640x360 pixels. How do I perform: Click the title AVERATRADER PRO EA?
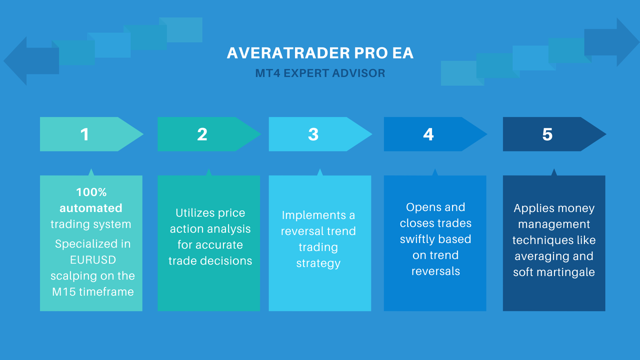pyautogui.click(x=320, y=53)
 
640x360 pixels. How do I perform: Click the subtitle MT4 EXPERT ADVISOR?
pyautogui.click(x=320, y=73)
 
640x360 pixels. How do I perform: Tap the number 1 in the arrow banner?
pyautogui.click(x=84, y=134)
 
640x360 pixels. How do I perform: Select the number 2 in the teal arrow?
pyautogui.click(x=202, y=134)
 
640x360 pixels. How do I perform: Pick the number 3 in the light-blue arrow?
pyautogui.click(x=313, y=134)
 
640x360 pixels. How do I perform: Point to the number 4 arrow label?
pyautogui.click(x=428, y=134)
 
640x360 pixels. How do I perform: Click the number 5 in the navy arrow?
pyautogui.click(x=547, y=134)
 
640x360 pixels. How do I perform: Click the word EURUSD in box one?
pyautogui.click(x=93, y=260)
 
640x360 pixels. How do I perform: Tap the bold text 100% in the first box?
pyautogui.click(x=91, y=192)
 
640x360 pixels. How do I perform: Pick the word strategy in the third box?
pyautogui.click(x=318, y=263)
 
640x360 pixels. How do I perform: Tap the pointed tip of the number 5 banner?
pyautogui.click(x=606, y=134)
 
